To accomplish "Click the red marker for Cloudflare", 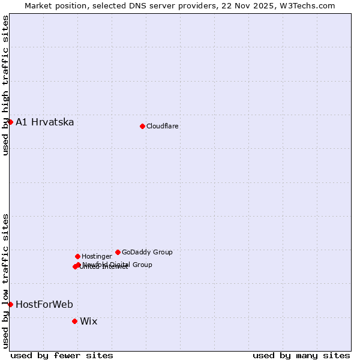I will [x=142, y=126].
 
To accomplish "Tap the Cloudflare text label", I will [x=162, y=127].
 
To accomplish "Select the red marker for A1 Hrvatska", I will [x=10, y=122].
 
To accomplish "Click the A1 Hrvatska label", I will [x=45, y=122].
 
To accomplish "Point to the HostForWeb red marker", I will [x=10, y=304].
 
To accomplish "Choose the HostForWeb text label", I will [x=44, y=305].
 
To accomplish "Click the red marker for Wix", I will [x=74, y=321].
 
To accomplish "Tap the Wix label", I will [x=88, y=322].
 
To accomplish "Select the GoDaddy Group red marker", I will [x=118, y=252].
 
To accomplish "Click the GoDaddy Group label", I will [x=147, y=253].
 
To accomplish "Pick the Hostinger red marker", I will [x=77, y=256].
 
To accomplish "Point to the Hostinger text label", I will [x=97, y=257].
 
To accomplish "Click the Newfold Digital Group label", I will [x=118, y=265].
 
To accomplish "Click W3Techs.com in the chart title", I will [x=310, y=6].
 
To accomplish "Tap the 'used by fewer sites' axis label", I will [x=62, y=355].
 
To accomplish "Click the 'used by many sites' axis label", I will [x=301, y=355].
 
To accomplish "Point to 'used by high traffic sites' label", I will [x=5, y=85].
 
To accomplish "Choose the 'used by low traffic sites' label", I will [x=5, y=280].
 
